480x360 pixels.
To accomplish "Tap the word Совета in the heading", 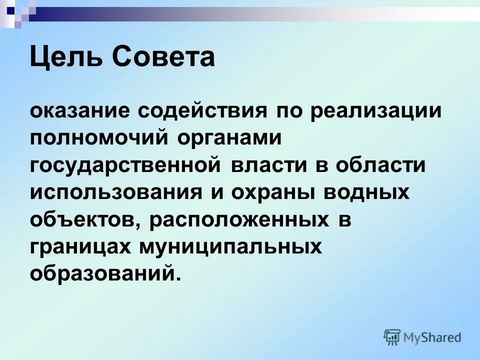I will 164,56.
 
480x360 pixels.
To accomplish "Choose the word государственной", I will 125,165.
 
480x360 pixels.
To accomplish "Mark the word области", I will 380,165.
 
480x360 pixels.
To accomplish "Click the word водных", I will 371,192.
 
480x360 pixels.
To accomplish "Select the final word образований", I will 103,274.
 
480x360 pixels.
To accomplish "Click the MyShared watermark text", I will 433,337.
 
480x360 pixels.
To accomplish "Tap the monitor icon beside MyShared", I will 392,337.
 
